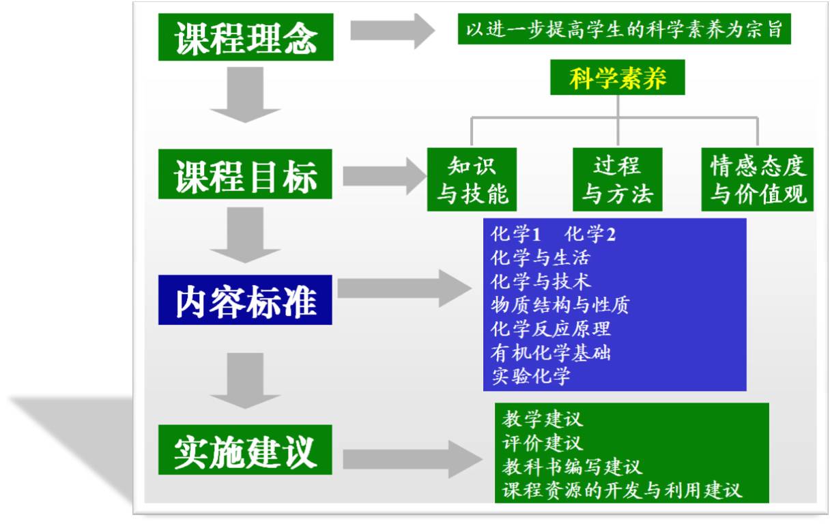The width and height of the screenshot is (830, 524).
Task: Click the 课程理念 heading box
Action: [246, 37]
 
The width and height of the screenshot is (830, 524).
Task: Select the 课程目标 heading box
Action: [246, 175]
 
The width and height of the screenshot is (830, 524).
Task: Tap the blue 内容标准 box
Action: [246, 300]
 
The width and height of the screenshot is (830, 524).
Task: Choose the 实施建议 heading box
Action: [246, 450]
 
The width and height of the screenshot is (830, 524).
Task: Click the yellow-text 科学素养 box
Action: [618, 78]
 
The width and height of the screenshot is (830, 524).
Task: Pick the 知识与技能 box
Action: [472, 179]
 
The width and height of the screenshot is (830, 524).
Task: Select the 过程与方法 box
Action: [618, 179]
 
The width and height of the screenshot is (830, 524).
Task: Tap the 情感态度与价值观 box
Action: [758, 179]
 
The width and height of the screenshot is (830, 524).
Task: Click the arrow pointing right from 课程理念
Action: [392, 31]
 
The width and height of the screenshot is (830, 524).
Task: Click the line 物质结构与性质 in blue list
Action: [560, 304]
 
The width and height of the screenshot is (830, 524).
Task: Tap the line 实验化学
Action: [530, 376]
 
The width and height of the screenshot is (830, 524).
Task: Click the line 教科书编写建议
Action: [572, 467]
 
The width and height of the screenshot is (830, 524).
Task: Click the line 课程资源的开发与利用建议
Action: [622, 490]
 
